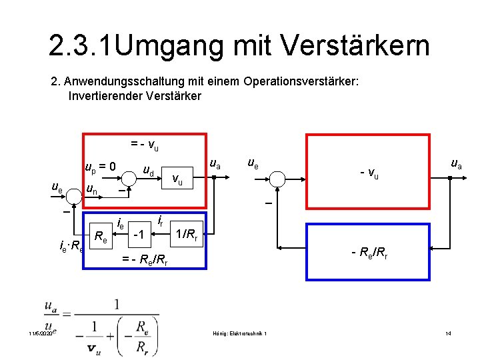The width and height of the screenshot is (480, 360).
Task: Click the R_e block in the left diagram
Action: (101, 236)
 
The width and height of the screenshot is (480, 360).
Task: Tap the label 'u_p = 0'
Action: (101, 166)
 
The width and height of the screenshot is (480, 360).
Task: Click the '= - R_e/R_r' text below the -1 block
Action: (144, 261)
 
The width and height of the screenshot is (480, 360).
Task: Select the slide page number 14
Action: (448, 333)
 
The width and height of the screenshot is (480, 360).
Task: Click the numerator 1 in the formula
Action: (117, 303)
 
